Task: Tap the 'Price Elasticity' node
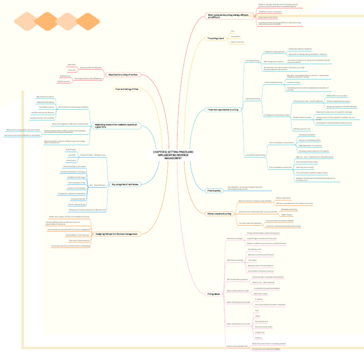214,190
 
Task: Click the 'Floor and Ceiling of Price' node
127,89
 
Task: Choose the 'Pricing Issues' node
213,294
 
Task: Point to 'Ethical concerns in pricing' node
219,214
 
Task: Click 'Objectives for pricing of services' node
122,74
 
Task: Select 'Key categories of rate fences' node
125,184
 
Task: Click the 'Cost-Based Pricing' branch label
252,61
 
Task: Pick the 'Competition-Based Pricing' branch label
255,155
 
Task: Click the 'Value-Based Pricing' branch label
252,99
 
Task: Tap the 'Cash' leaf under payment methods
257,310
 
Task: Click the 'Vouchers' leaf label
259,337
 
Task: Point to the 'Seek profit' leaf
72,65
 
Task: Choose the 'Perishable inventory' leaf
46,107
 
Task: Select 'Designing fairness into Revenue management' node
117,234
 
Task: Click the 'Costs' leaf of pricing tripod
232,31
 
